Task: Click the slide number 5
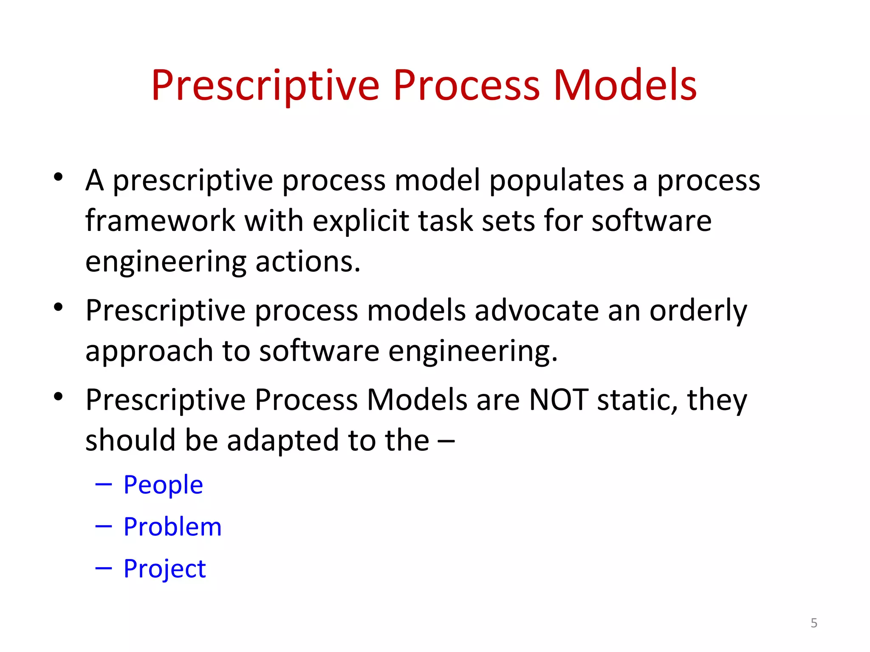pos(814,623)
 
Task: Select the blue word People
pos(163,485)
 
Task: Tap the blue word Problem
pos(172,527)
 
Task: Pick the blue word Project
pos(165,569)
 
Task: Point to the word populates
pos(556,181)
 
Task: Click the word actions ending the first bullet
pos(308,261)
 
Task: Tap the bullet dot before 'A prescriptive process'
pos(59,177)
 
